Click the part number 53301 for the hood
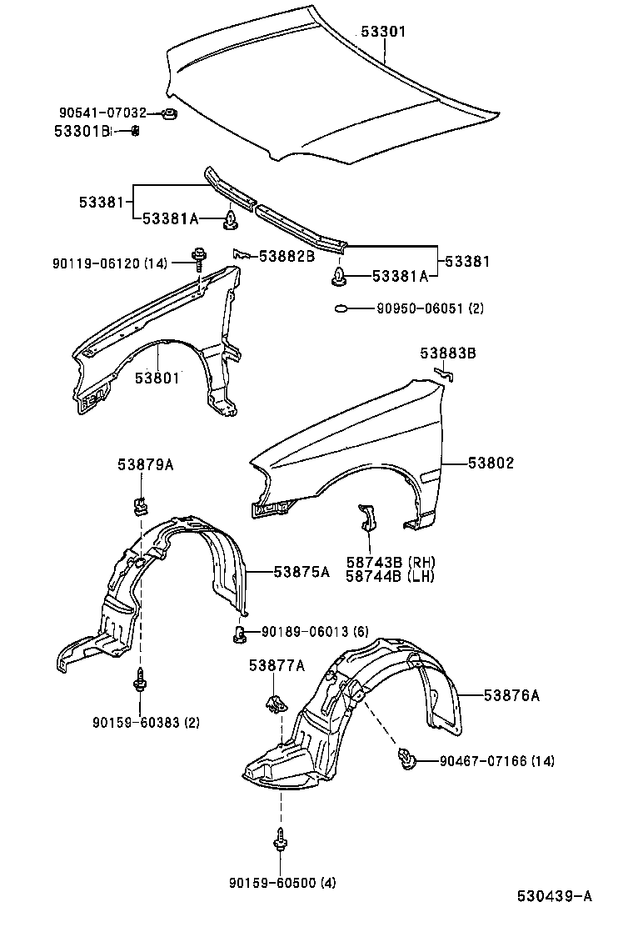tap(383, 32)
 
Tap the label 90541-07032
tap(102, 113)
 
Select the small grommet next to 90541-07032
tap(169, 113)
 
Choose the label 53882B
tap(287, 256)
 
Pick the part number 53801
tap(157, 378)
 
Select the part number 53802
tap(491, 463)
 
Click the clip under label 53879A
tap(140, 504)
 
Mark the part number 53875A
tap(302, 572)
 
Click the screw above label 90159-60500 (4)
tap(281, 839)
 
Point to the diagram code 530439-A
tap(554, 896)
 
